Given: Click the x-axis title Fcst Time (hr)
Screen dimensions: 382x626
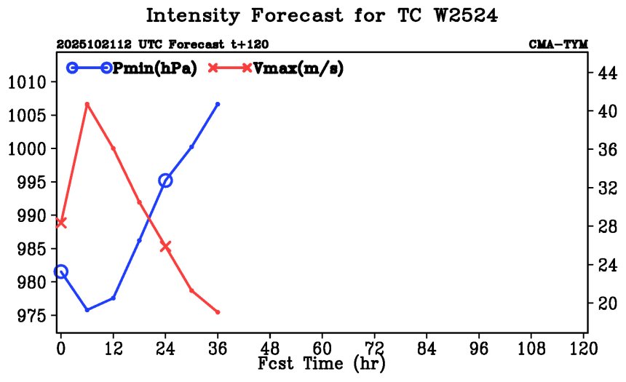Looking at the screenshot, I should [x=321, y=363].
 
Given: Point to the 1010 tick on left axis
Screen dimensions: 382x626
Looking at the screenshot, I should [x=28, y=81].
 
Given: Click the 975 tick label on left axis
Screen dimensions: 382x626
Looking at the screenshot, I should [x=28, y=316].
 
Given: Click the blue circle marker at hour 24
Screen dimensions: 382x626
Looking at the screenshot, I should [x=165, y=180].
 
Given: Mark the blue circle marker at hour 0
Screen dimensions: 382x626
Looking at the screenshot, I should [x=61, y=271].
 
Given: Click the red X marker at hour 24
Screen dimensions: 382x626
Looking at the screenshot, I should [x=165, y=247].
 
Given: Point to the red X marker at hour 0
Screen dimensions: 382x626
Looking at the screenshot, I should [x=61, y=223].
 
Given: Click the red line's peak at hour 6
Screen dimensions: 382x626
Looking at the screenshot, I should [x=87, y=104].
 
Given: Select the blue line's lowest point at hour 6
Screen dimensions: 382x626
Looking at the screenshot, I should [x=87, y=310].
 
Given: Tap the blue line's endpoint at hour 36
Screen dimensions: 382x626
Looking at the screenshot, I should [x=218, y=104].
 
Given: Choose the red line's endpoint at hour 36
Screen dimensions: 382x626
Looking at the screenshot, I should [x=218, y=312].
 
